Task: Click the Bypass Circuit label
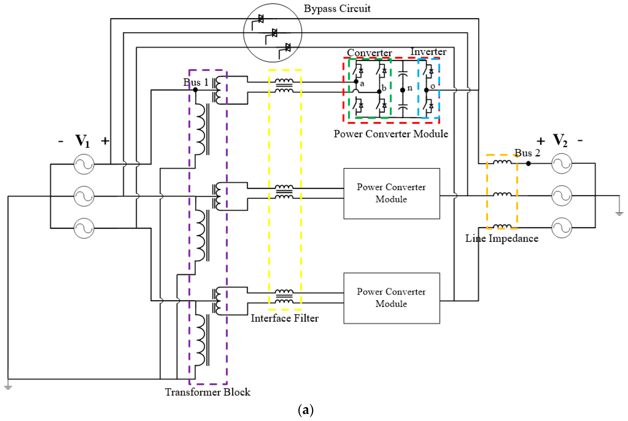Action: point(337,9)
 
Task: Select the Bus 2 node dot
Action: point(528,163)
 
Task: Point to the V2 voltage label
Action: point(560,140)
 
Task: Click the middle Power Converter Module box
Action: point(391,194)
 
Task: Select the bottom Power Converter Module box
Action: point(391,298)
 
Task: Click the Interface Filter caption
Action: point(284,318)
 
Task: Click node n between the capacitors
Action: point(402,90)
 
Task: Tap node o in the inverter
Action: point(426,90)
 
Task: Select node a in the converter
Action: point(356,82)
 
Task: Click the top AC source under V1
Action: point(84,164)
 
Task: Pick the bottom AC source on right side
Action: point(562,228)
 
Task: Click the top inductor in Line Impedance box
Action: point(502,162)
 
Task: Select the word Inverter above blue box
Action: point(428,52)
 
